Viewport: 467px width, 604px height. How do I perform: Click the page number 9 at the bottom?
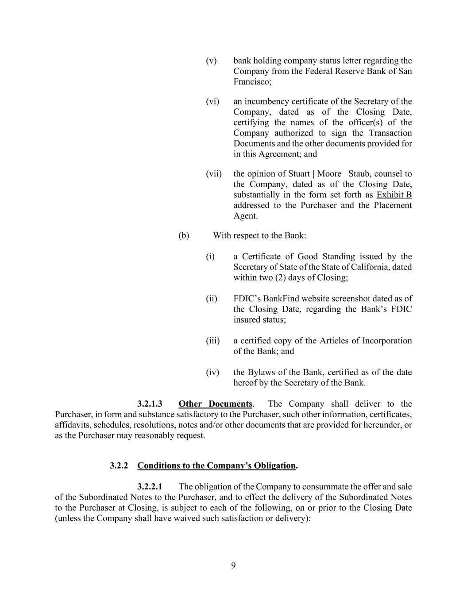[x=233, y=566]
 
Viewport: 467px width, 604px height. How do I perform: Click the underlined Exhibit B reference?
[x=394, y=195]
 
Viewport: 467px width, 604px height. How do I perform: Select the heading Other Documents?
[x=215, y=404]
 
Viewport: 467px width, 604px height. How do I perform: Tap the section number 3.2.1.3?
[x=150, y=404]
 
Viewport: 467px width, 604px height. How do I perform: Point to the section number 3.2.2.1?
[x=150, y=487]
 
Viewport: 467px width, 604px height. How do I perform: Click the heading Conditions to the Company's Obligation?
[x=216, y=466]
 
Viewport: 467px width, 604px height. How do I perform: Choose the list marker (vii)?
[x=214, y=174]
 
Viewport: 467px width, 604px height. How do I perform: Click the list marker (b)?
[x=184, y=235]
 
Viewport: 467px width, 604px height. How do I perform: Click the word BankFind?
[x=282, y=299]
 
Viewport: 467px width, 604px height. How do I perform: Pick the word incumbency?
[x=266, y=101]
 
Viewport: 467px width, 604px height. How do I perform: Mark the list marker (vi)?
[x=212, y=101]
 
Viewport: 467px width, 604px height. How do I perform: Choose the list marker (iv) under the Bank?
[x=212, y=373]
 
